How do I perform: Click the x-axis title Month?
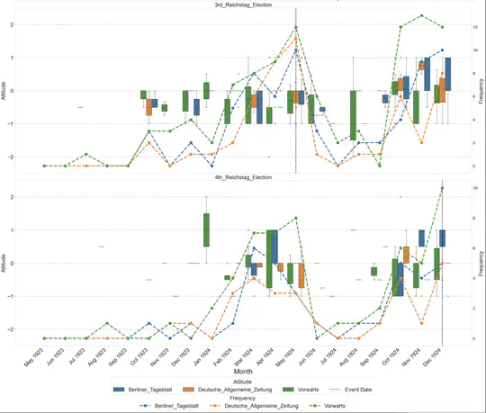pos(242,371)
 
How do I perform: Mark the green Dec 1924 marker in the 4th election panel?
pos(442,188)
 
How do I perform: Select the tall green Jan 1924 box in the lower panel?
pos(206,229)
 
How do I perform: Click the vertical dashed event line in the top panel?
pos(295,108)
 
